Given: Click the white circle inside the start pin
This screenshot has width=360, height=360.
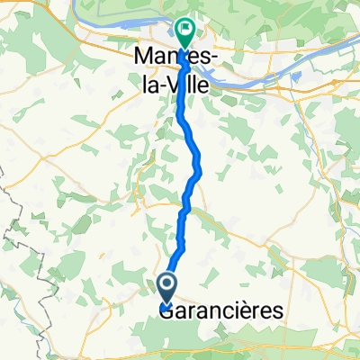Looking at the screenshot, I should point(168,287).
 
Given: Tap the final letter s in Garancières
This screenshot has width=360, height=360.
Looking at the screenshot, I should point(277,312).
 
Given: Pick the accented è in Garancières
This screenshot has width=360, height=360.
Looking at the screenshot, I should point(251,310).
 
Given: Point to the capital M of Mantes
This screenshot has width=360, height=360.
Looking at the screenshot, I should point(142,56).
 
